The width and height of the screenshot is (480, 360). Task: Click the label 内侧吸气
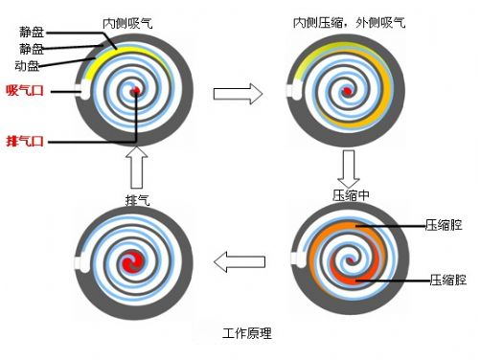point(128,20)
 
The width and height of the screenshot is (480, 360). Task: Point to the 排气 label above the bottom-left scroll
point(137,199)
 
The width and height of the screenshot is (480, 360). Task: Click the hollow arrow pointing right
point(238,94)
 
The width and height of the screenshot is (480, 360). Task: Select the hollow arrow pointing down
point(349,169)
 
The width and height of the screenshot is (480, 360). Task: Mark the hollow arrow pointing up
point(137,169)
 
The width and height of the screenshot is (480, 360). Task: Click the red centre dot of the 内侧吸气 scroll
point(137,91)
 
